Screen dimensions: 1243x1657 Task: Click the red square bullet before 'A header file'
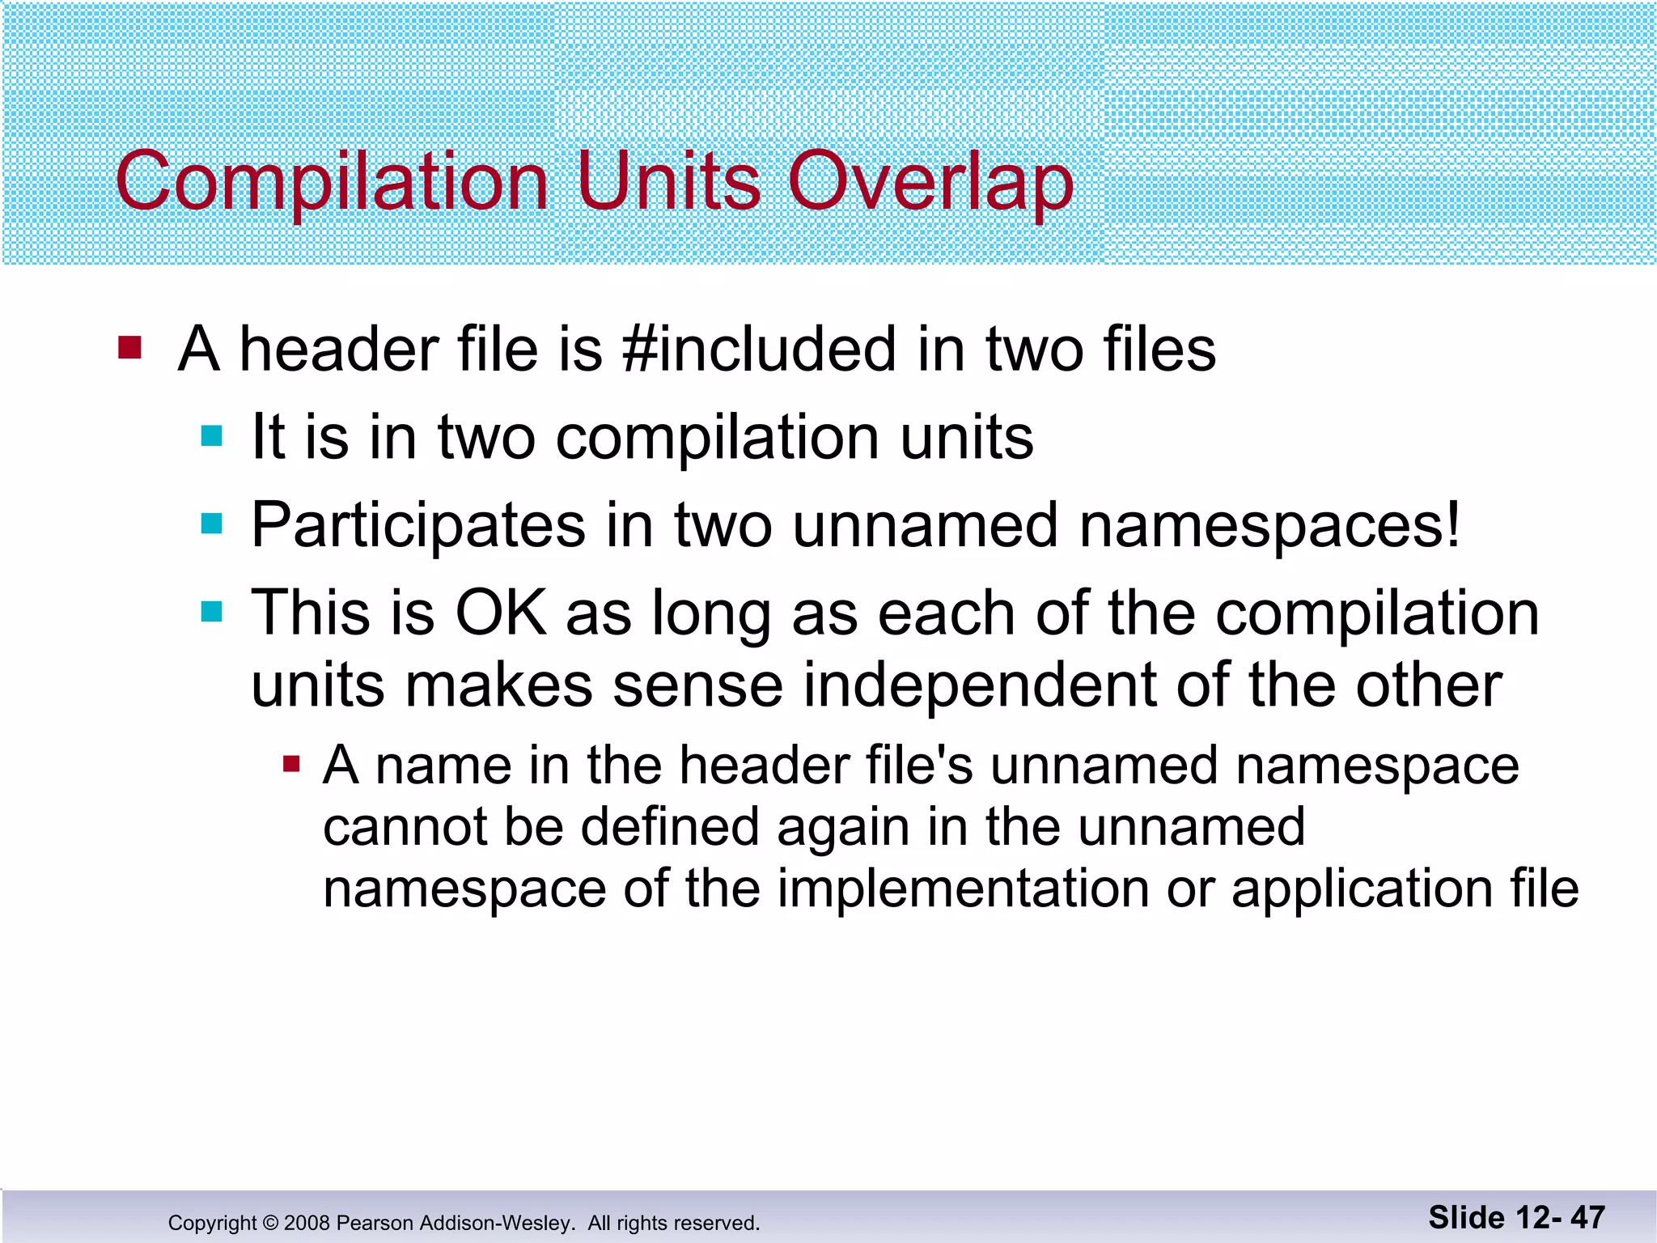129,348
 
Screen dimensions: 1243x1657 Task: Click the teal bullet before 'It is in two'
211,437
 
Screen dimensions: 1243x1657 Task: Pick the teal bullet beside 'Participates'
211,524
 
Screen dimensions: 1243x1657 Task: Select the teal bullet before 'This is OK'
211,612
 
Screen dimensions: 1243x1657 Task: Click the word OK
501,613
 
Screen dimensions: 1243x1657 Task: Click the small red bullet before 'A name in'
291,764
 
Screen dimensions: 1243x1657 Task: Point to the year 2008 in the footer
307,1223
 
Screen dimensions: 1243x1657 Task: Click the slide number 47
1587,1217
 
